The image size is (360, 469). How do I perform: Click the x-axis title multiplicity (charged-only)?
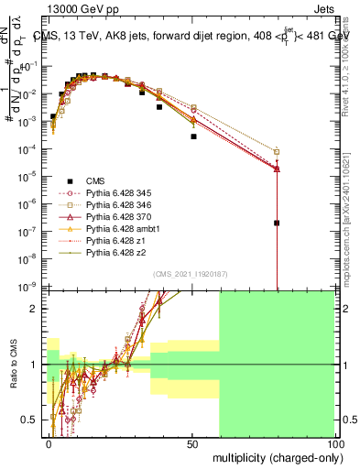274,456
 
